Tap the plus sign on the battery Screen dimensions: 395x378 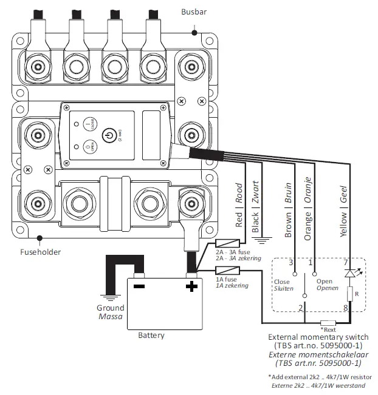[x=191, y=286]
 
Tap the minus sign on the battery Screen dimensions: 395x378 [x=139, y=286]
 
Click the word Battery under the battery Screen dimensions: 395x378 [x=151, y=335]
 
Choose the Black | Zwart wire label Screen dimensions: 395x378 [x=255, y=210]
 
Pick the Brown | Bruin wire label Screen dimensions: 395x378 [x=288, y=209]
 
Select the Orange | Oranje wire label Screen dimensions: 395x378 [x=308, y=209]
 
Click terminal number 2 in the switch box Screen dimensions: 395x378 [x=300, y=308]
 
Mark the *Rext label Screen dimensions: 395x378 [x=328, y=329]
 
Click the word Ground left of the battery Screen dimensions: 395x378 [x=110, y=308]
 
